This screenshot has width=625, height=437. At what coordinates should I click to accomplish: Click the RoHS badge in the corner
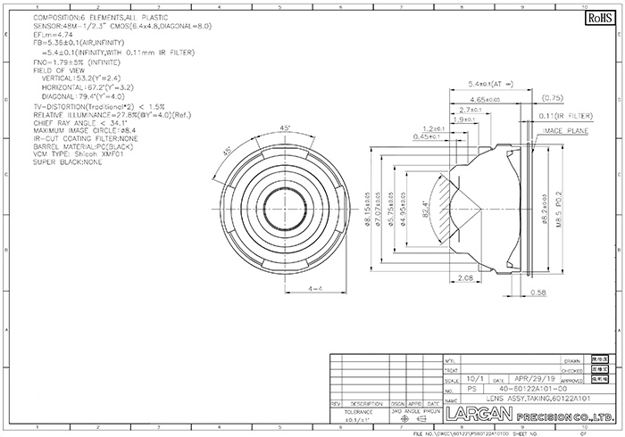tap(595, 17)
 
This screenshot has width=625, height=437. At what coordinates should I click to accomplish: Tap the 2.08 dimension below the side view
tap(463, 278)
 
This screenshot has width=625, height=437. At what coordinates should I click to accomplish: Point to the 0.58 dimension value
tap(537, 291)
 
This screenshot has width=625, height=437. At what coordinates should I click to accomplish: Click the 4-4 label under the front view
tap(314, 290)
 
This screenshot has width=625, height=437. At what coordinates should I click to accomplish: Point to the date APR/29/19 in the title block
tap(538, 378)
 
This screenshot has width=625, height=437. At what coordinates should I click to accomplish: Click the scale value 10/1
tap(476, 378)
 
